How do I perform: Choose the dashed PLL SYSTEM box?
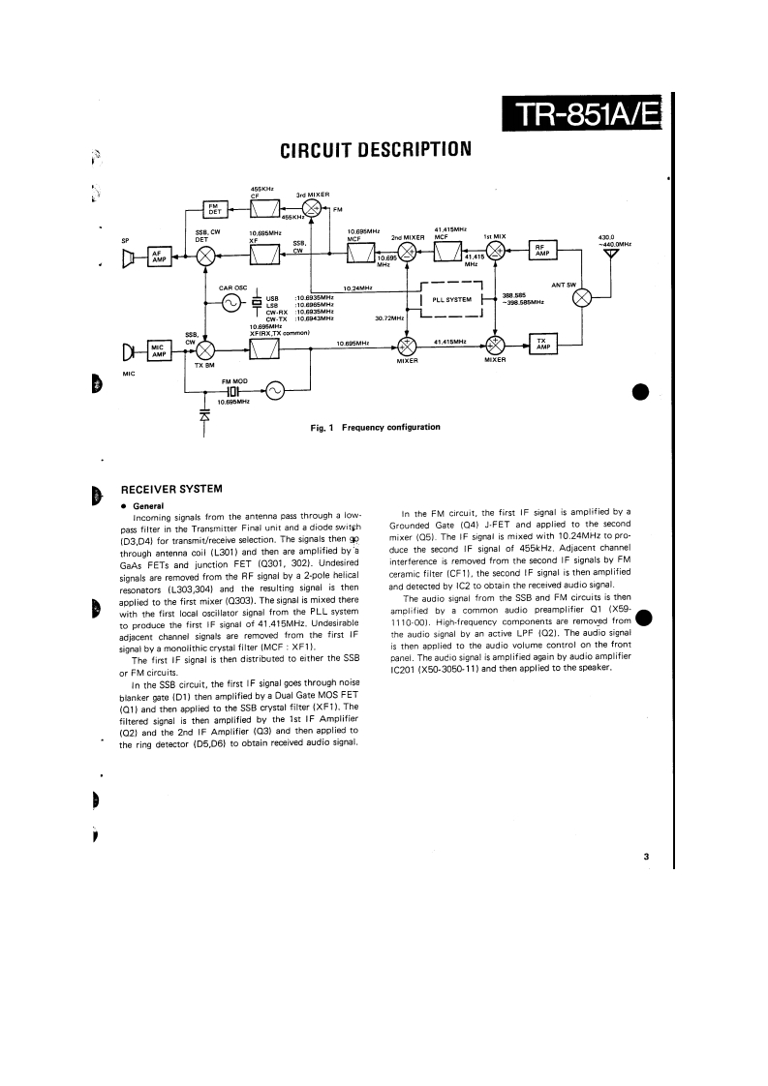click(452, 299)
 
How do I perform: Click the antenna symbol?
click(610, 256)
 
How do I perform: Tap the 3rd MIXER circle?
click(312, 209)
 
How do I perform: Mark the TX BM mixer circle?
click(204, 348)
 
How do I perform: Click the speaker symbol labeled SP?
click(128, 256)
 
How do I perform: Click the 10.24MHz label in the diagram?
click(359, 287)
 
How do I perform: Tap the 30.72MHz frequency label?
click(388, 317)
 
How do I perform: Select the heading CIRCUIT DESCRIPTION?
click(375, 150)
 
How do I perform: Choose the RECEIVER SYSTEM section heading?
click(170, 489)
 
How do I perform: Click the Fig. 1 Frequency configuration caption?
click(375, 427)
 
